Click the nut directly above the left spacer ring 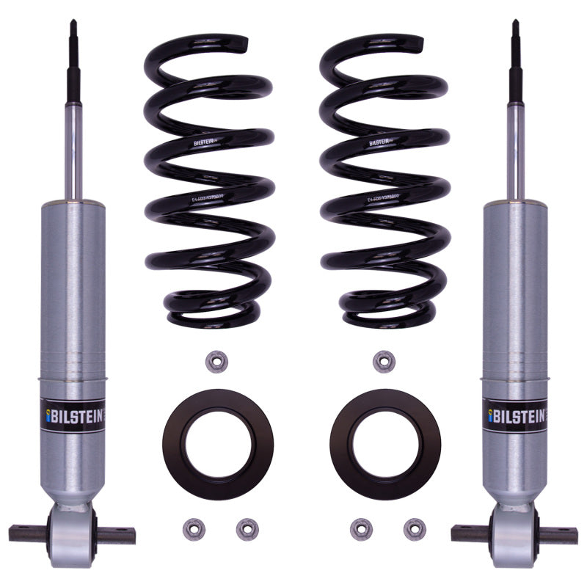[x=215, y=360]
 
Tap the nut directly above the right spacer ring [x=381, y=360]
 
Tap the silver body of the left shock [x=73, y=293]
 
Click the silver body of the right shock [x=515, y=293]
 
